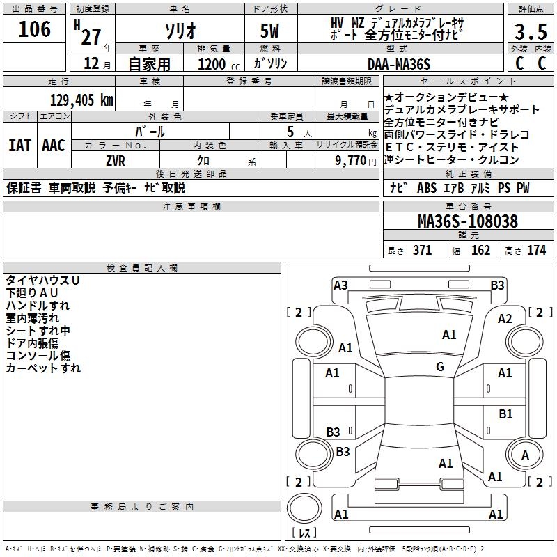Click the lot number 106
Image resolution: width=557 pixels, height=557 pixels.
click(35, 29)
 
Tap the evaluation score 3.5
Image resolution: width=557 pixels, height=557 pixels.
click(529, 32)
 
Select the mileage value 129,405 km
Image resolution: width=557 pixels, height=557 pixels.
click(81, 100)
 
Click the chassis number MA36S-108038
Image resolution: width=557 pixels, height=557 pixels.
click(468, 222)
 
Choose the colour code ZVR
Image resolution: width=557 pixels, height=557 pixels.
click(115, 160)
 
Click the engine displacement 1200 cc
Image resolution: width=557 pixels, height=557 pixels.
click(217, 64)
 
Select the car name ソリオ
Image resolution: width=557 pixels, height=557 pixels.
click(180, 32)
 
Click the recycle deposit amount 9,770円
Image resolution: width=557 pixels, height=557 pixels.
click(354, 160)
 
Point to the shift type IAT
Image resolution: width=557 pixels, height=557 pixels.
click(19, 146)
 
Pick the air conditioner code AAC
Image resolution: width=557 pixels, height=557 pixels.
click(54, 146)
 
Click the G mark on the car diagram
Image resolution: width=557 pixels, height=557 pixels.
click(440, 367)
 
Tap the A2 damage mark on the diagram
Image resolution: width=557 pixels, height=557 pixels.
click(505, 318)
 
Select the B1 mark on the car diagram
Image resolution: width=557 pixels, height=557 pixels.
click(505, 414)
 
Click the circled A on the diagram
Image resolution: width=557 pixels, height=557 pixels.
click(525, 455)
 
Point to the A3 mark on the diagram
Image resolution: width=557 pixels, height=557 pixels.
click(340, 285)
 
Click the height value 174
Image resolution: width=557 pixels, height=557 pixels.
click(536, 251)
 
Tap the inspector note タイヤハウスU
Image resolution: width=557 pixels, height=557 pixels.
click(42, 280)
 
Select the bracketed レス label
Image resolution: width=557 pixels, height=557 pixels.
click(304, 534)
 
